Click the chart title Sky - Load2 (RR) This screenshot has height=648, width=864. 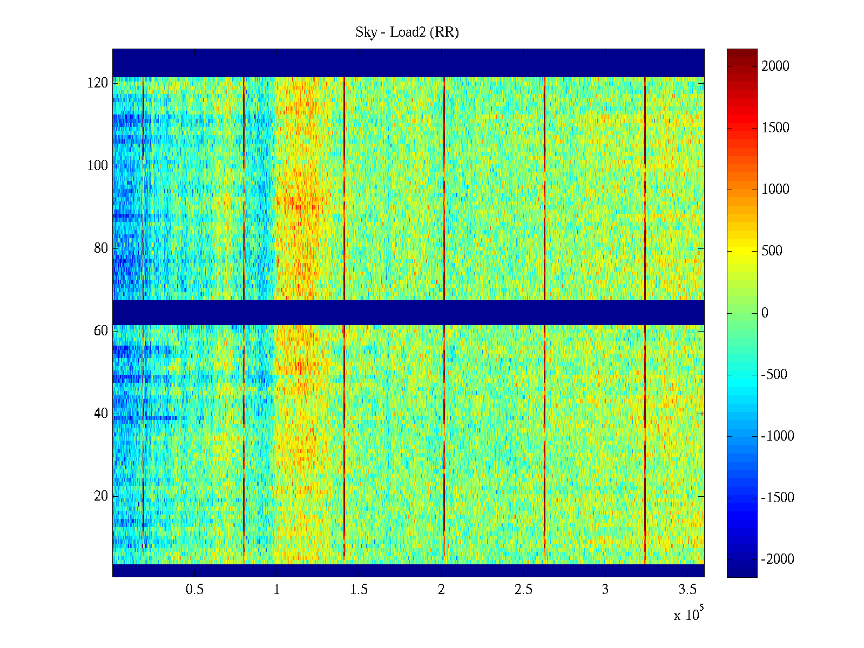(x=407, y=32)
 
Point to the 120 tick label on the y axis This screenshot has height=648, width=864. (x=98, y=83)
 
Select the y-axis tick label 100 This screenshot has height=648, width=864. (x=98, y=166)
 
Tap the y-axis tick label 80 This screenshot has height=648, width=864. (x=101, y=248)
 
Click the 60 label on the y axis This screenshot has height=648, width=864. (x=101, y=331)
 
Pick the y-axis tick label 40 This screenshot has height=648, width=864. (x=101, y=414)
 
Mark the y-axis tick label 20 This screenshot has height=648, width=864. (x=101, y=496)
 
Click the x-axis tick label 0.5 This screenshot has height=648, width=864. (x=194, y=590)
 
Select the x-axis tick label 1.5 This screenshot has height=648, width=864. (x=359, y=590)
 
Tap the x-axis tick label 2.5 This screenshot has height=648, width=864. (x=523, y=590)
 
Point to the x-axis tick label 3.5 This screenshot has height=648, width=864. (x=687, y=590)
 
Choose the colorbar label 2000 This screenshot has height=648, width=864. (x=775, y=66)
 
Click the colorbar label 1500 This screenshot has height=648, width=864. (x=775, y=128)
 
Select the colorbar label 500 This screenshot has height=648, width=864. (x=772, y=251)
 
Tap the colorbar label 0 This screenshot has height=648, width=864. (x=765, y=313)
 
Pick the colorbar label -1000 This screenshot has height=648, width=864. (x=778, y=436)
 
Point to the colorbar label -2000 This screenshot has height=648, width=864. (x=778, y=559)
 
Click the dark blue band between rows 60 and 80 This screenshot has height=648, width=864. (x=408, y=312)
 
